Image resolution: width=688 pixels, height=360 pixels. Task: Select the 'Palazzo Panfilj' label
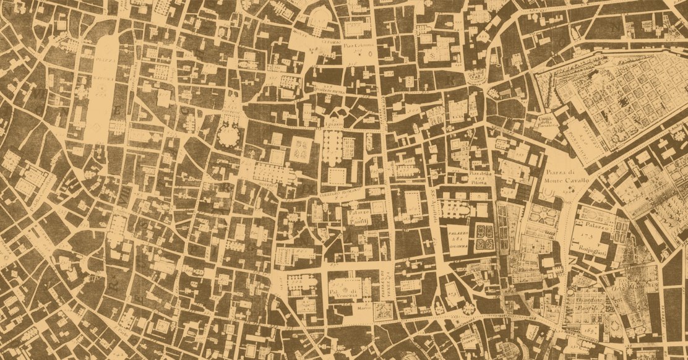click(359, 215)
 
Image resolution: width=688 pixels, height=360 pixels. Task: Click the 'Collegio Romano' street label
click(335, 194)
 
